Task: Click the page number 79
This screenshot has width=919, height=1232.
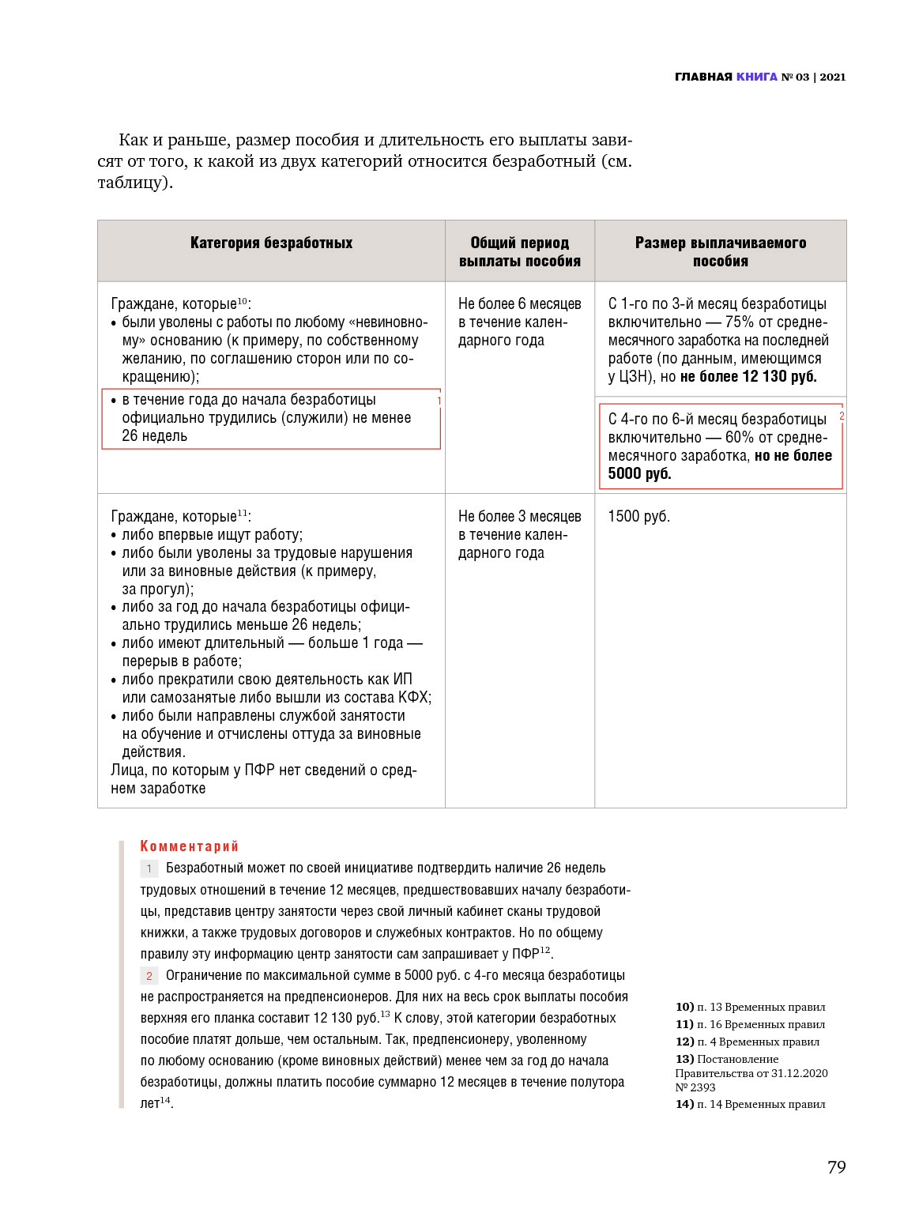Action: pyautogui.click(x=836, y=1167)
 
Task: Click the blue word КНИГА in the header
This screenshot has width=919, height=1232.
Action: pyautogui.click(x=756, y=77)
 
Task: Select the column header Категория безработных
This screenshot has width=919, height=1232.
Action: pyautogui.click(x=271, y=243)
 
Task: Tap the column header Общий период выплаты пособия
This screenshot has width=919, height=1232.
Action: pyautogui.click(x=519, y=251)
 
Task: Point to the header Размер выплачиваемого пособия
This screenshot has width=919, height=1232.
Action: pyautogui.click(x=720, y=251)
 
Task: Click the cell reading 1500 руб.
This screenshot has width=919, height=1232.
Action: pyautogui.click(x=638, y=517)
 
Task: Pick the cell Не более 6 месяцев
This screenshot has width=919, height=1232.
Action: pyautogui.click(x=519, y=304)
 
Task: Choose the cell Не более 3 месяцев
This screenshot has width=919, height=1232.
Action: pyautogui.click(x=519, y=517)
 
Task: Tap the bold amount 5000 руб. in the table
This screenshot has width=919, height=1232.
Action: pyautogui.click(x=639, y=474)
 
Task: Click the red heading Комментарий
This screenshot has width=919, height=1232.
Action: pyautogui.click(x=189, y=846)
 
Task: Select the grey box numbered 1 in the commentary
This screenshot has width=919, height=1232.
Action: pyautogui.click(x=149, y=868)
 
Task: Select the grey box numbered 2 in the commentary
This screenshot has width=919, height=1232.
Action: pyautogui.click(x=149, y=976)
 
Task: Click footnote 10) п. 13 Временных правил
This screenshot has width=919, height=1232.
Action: pyautogui.click(x=750, y=1007)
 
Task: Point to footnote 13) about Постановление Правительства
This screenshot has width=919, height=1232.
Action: pyautogui.click(x=751, y=1072)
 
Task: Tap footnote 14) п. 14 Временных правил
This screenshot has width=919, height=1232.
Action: pyautogui.click(x=750, y=1104)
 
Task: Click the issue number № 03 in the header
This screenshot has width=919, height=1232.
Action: pyautogui.click(x=796, y=77)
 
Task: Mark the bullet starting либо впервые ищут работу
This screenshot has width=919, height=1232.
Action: pyautogui.click(x=212, y=535)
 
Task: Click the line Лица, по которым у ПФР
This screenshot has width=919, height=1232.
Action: pyautogui.click(x=263, y=770)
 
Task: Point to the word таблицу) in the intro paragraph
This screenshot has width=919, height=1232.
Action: pyautogui.click(x=134, y=183)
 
